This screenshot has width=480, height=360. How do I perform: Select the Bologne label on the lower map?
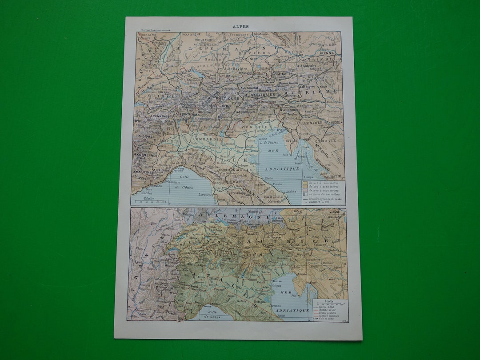click(x=259, y=302)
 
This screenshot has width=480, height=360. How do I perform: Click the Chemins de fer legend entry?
click(x=328, y=310)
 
